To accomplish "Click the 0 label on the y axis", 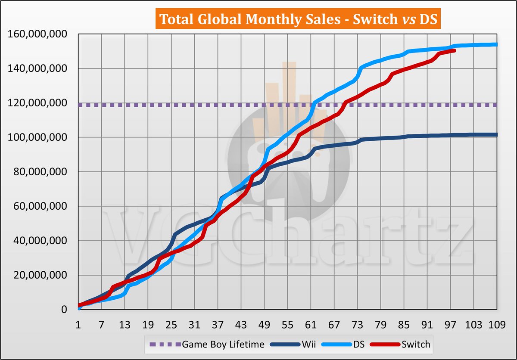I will (x=64, y=310).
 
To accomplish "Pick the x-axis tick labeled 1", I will (x=78, y=323).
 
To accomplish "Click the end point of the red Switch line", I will (x=455, y=51).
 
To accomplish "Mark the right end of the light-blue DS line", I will (x=497, y=44).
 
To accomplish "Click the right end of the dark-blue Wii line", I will (x=497, y=135).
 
